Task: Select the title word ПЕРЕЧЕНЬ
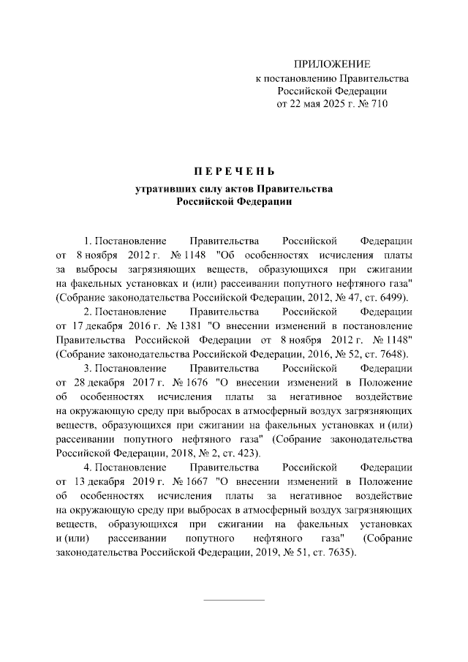tap(233, 173)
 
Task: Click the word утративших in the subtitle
tap(161, 189)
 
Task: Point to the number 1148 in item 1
tap(194, 256)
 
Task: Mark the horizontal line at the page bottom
tap(233, 600)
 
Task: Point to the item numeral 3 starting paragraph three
tap(86, 367)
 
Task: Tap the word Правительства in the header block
tap(371, 78)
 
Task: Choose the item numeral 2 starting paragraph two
tap(86, 312)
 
